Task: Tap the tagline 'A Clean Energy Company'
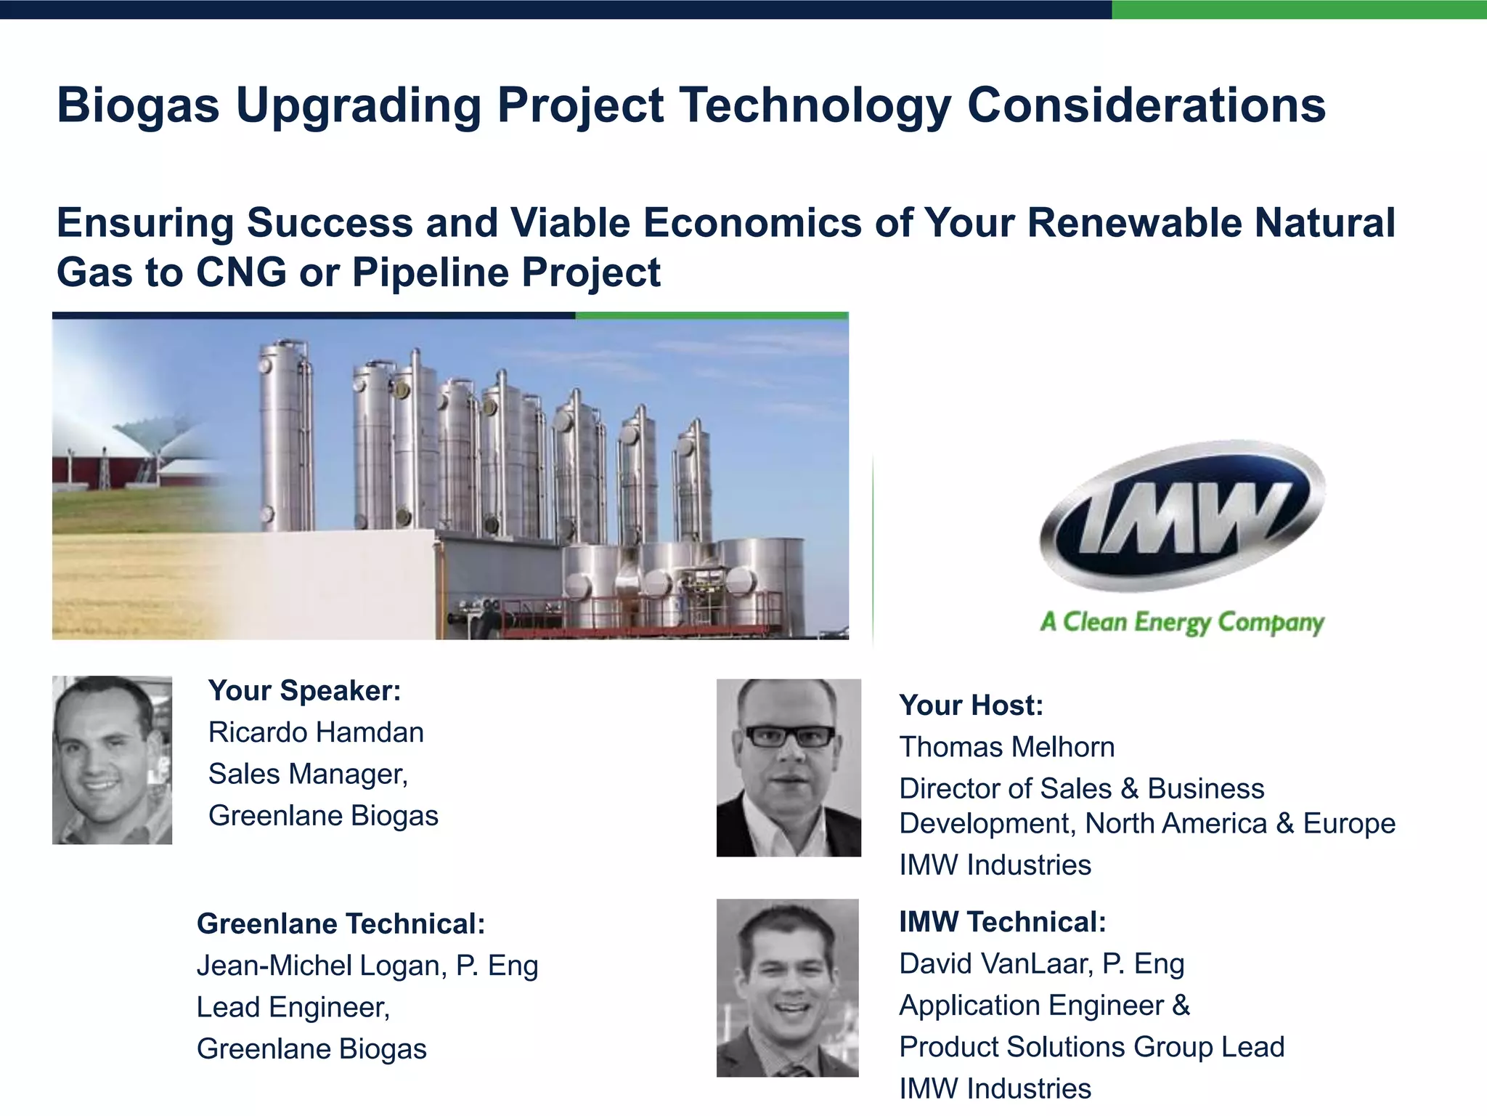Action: [x=1182, y=623]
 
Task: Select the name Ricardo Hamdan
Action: [x=316, y=732]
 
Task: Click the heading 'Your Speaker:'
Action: [x=304, y=690]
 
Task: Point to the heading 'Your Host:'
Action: [x=971, y=705]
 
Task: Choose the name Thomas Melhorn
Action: [x=1006, y=747]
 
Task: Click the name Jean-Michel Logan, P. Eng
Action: [x=367, y=966]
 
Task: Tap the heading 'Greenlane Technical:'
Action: [x=341, y=924]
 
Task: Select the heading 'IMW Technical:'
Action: [x=1002, y=922]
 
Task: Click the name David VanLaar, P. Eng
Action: [x=1041, y=964]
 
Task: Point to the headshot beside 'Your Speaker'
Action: [x=112, y=760]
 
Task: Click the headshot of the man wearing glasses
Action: [x=789, y=767]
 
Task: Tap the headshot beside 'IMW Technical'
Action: [x=787, y=987]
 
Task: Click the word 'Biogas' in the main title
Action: [x=138, y=105]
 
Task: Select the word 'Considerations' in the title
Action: [x=1146, y=105]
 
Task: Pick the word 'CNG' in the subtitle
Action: [x=241, y=272]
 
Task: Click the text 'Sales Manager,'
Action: [x=308, y=775]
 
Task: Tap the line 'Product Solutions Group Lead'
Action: [x=1091, y=1047]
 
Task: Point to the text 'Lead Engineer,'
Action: [x=293, y=1008]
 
